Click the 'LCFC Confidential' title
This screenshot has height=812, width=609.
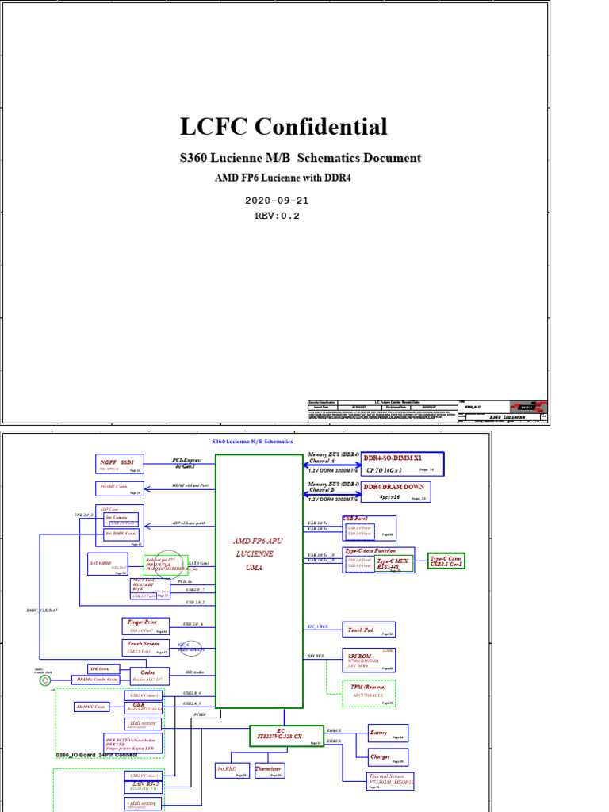click(x=284, y=127)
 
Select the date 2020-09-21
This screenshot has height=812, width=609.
click(x=278, y=201)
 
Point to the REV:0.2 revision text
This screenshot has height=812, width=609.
click(x=277, y=215)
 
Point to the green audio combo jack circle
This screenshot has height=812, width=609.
click(x=45, y=680)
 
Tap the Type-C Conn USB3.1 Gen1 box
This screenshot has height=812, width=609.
click(x=446, y=561)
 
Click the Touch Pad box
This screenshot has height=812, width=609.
click(x=369, y=630)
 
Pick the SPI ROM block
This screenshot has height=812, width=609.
click(x=369, y=660)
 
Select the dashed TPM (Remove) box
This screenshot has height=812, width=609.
click(x=369, y=692)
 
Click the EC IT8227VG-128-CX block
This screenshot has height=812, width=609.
click(x=286, y=735)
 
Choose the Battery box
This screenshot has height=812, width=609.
click(x=388, y=733)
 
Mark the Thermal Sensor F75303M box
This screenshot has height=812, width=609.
click(x=388, y=779)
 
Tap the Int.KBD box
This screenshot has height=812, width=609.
click(x=232, y=770)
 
